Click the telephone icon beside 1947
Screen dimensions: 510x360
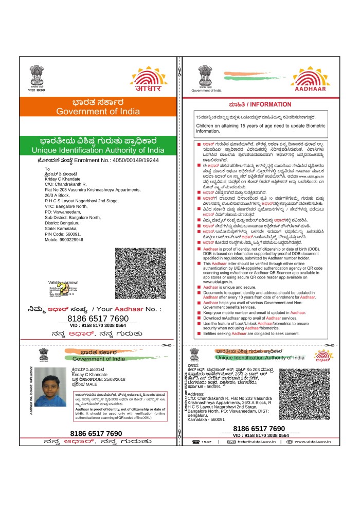pyautogui.click(x=195, y=442)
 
